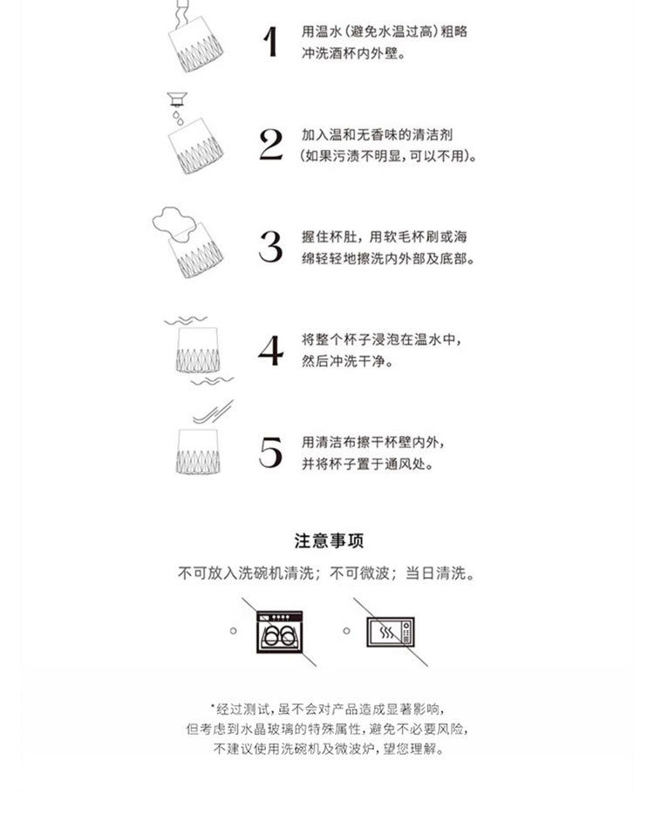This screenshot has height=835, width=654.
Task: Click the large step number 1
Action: (270, 42)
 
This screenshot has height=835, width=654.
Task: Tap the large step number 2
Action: (271, 145)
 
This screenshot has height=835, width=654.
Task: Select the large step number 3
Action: (270, 247)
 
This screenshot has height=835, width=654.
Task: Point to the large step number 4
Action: (270, 350)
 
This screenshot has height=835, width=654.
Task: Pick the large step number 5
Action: (270, 452)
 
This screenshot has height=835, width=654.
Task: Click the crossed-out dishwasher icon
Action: (280, 632)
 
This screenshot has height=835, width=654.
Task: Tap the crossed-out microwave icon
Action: (391, 632)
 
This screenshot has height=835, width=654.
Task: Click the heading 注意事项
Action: (329, 541)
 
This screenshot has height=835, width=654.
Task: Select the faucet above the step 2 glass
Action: (177, 99)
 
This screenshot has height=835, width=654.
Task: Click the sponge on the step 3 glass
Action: (173, 222)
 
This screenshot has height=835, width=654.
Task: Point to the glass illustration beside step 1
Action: (195, 44)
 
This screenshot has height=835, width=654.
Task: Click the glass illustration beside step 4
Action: (198, 350)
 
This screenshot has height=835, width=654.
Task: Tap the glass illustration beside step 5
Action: (198, 451)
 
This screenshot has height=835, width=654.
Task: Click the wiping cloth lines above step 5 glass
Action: (213, 412)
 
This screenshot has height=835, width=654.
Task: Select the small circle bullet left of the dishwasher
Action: (234, 630)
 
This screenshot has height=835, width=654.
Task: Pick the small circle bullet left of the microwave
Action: (347, 630)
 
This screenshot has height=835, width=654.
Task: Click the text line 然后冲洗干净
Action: (347, 361)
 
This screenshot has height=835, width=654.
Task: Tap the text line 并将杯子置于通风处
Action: (367, 464)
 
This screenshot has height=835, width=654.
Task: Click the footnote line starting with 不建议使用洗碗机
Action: (329, 749)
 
